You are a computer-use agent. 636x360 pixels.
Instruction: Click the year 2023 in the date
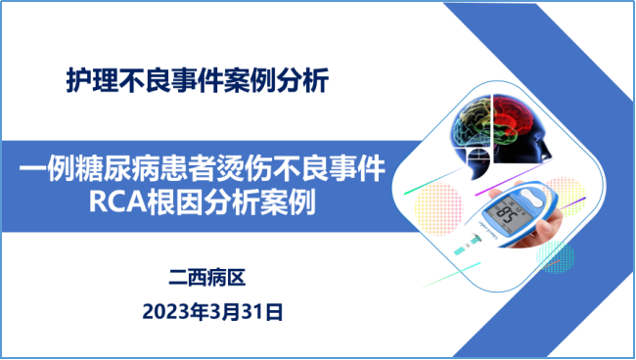click(x=162, y=312)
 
